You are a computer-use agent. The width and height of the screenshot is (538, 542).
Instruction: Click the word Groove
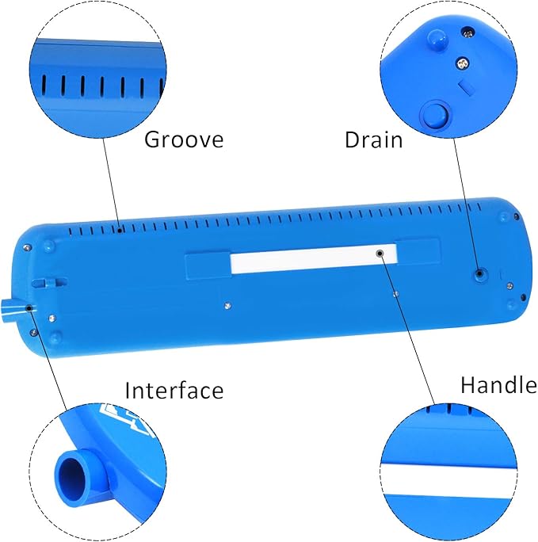click(184, 140)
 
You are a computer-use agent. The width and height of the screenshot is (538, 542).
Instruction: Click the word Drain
click(373, 140)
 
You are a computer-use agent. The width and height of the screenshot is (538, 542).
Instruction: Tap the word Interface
click(174, 390)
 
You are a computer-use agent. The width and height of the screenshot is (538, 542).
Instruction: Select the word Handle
click(498, 385)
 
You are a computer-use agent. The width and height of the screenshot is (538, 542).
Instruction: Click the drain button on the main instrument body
click(480, 273)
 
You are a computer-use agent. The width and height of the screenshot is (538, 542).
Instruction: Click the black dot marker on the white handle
click(380, 253)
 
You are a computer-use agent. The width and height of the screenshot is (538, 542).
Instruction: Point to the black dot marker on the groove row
click(119, 231)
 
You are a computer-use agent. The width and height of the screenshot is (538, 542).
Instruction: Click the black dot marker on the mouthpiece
click(29, 307)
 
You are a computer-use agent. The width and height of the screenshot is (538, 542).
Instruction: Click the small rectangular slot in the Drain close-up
click(466, 83)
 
